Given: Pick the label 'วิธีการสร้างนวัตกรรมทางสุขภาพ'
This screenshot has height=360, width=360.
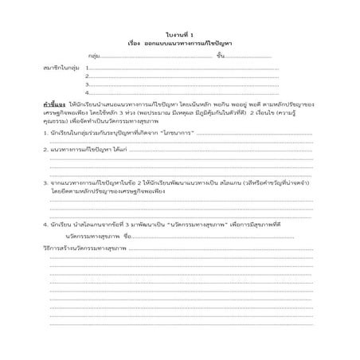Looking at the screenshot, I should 84,249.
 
